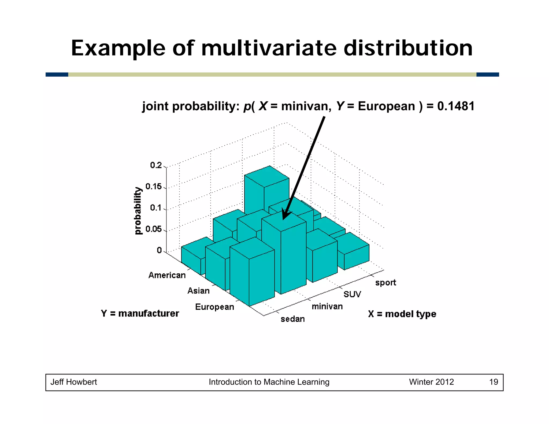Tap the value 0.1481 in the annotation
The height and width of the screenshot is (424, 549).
[x=456, y=106]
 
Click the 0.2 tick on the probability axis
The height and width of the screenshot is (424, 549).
[x=156, y=165]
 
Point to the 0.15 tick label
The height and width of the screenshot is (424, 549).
[x=154, y=187]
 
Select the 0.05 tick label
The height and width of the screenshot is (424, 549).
[x=154, y=229]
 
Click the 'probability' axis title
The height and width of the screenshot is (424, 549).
[x=138, y=211]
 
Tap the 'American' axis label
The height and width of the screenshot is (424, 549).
[x=167, y=275]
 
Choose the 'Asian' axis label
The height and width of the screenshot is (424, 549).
[x=198, y=291]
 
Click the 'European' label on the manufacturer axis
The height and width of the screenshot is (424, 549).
[x=214, y=307]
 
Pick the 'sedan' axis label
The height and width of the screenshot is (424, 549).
[x=293, y=319]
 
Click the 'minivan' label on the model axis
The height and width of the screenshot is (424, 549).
[x=327, y=306]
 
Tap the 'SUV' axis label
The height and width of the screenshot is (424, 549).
[x=352, y=294]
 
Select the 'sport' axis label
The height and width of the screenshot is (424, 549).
[x=385, y=282]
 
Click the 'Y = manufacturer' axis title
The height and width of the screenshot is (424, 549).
[x=140, y=313]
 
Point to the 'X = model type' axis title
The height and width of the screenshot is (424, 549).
[x=402, y=314]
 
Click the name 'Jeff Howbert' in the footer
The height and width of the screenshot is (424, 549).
[x=74, y=382]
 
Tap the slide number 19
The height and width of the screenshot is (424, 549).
[x=494, y=382]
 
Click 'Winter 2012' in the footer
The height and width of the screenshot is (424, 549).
[x=431, y=382]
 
